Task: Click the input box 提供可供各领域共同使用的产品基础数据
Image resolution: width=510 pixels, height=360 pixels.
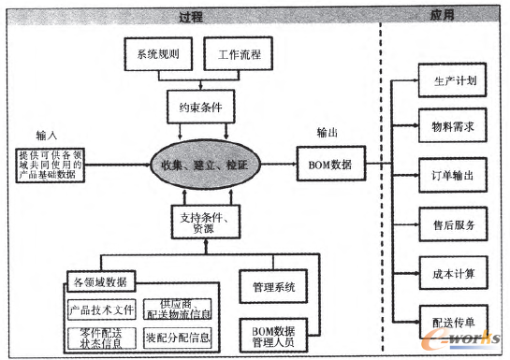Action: click(x=51, y=165)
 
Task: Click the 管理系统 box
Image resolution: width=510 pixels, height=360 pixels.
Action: click(x=273, y=286)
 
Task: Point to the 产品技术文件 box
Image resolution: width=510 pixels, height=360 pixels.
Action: click(x=103, y=309)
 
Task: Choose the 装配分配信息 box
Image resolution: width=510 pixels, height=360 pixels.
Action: click(x=178, y=337)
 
